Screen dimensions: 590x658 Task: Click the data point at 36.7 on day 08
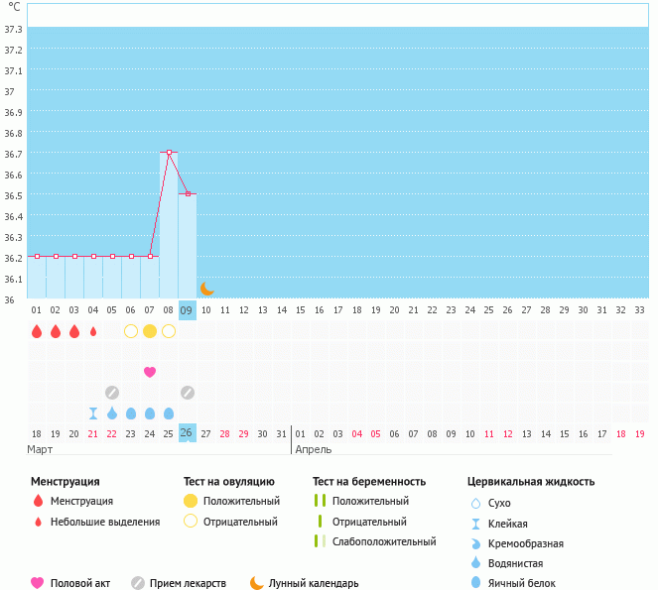pyautogui.click(x=169, y=152)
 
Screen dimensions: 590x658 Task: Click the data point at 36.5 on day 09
pyautogui.click(x=188, y=193)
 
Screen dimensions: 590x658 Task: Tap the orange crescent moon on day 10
pyautogui.click(x=206, y=289)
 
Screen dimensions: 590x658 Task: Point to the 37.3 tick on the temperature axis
pyautogui.click(x=13, y=29)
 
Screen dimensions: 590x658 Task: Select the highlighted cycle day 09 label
pyautogui.click(x=188, y=310)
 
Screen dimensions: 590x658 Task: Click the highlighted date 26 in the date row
pyautogui.click(x=187, y=433)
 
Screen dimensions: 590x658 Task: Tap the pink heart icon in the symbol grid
pyautogui.click(x=150, y=372)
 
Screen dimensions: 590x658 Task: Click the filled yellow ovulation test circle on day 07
pyautogui.click(x=150, y=331)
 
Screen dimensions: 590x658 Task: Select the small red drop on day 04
pyautogui.click(x=93, y=331)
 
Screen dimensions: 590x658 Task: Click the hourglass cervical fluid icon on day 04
pyautogui.click(x=93, y=413)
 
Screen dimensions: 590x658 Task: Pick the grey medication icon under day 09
pyautogui.click(x=188, y=393)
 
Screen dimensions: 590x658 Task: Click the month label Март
pyautogui.click(x=41, y=449)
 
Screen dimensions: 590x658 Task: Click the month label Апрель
pyautogui.click(x=315, y=449)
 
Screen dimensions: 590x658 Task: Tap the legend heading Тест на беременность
pyautogui.click(x=368, y=482)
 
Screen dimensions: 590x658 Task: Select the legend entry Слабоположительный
pyautogui.click(x=384, y=541)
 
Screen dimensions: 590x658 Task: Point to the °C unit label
pyautogui.click(x=14, y=7)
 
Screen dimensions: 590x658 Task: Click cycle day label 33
pyautogui.click(x=639, y=310)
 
